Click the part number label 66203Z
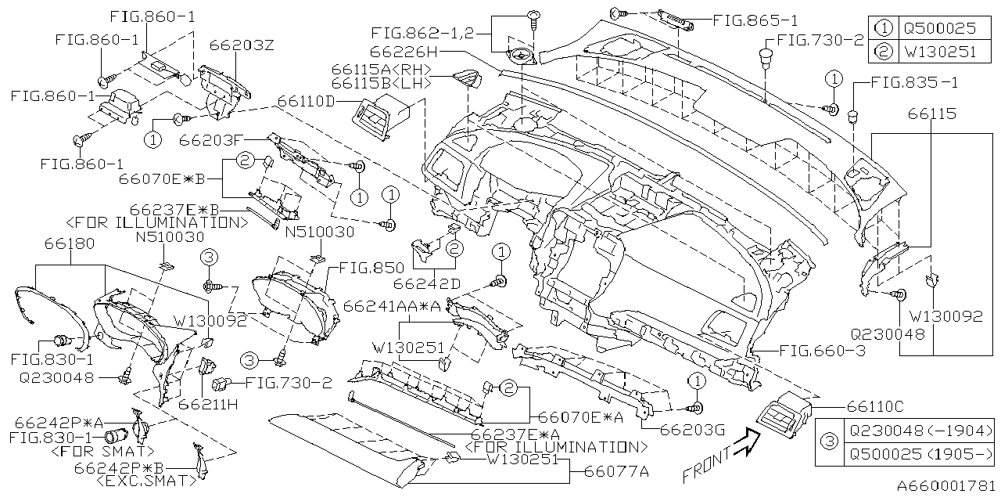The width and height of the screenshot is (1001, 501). [242, 46]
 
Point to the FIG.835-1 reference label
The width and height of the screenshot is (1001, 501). [913, 82]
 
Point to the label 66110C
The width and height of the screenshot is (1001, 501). [876, 406]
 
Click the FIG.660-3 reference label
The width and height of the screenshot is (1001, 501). [820, 351]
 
